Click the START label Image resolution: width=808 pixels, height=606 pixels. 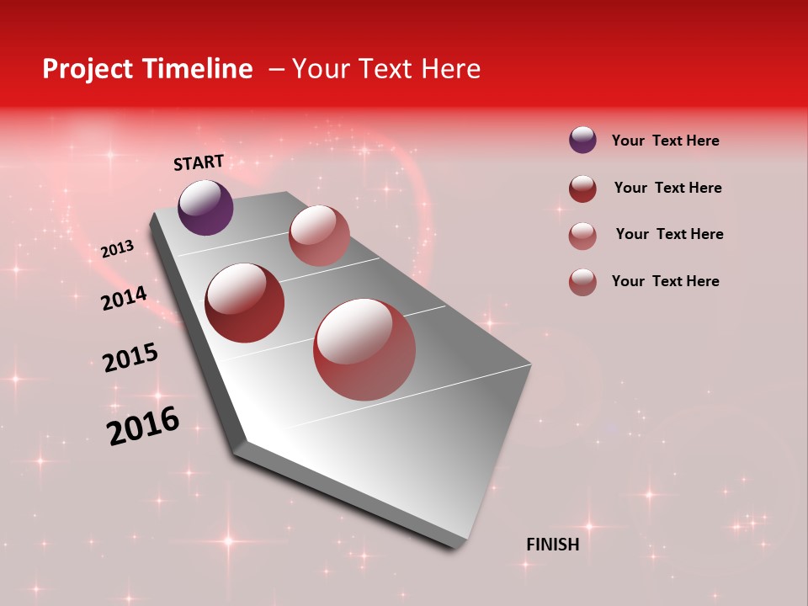point(199,162)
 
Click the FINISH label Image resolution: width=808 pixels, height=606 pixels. point(552,545)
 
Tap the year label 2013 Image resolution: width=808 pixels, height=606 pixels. point(117,249)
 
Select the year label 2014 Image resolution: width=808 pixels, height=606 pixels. point(124,298)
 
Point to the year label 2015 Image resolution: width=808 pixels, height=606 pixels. point(130,358)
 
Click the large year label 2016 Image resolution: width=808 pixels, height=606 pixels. point(143,426)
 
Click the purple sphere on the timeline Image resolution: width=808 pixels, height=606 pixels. point(205,207)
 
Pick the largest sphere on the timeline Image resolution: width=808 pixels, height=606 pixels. point(364,349)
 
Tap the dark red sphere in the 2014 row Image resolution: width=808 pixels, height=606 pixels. point(245,303)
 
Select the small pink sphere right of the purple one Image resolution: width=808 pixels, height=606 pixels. point(319,236)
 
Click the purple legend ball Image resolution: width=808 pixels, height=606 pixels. point(582,140)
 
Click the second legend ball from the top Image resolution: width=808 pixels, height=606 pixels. point(582,189)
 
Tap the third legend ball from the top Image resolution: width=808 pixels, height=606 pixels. point(582,236)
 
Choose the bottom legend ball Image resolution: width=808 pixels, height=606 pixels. point(582,282)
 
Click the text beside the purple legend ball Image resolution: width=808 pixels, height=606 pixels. point(665,141)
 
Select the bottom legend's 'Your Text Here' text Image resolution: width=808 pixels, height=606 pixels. point(665,281)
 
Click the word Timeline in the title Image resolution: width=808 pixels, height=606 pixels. point(199,69)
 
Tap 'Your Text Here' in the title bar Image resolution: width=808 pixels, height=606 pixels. point(385,69)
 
